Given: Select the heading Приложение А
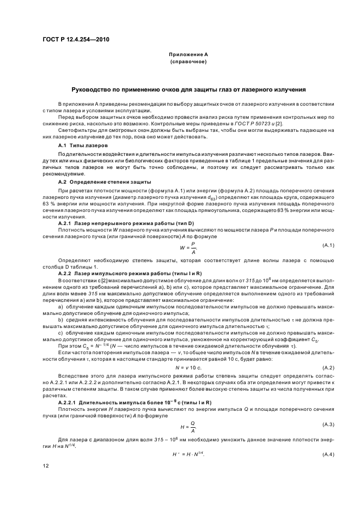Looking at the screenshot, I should coord(188,55).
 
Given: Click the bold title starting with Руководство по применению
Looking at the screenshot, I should coord(188,89).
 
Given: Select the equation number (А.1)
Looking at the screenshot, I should coord(328,245).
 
